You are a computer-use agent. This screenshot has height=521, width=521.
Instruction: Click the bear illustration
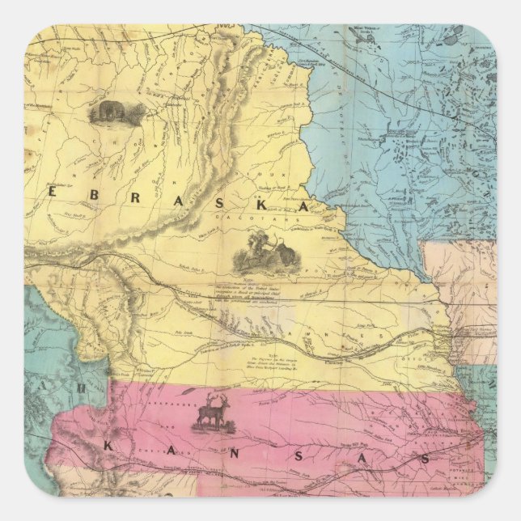coord(112,113)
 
